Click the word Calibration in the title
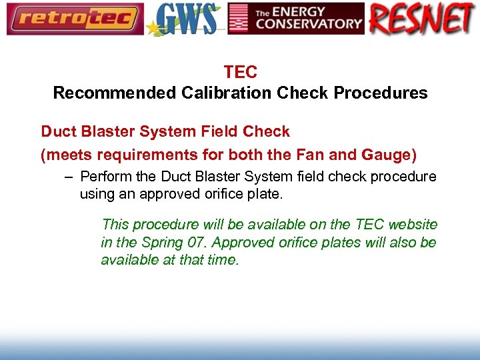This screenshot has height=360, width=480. [x=223, y=93]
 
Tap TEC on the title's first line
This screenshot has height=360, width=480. [x=240, y=72]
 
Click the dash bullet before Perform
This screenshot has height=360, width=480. [x=69, y=177]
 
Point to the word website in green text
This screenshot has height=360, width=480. [x=412, y=225]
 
